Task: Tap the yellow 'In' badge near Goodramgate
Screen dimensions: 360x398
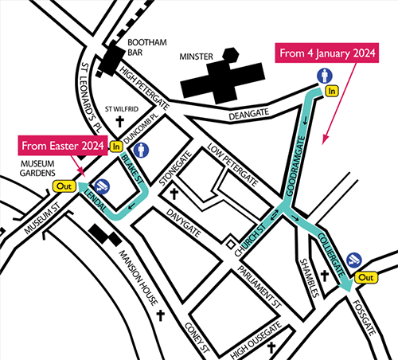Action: click(334, 92)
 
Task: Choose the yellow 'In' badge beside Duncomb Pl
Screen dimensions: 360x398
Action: click(116, 146)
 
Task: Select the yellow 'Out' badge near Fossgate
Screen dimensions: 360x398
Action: click(367, 277)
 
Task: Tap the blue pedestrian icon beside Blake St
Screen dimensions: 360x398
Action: click(142, 148)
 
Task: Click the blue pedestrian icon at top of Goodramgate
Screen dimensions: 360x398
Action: click(324, 76)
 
